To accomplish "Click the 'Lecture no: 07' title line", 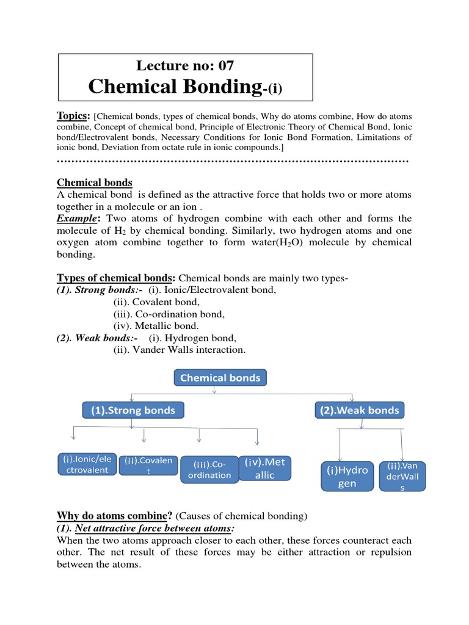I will point(185,65).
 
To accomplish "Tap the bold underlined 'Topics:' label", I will point(73,116).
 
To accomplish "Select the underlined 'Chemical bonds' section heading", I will point(94,182).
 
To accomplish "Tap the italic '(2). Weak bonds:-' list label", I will point(97,338).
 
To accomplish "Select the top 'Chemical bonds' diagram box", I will point(220,378).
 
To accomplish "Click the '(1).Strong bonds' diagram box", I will point(133,410).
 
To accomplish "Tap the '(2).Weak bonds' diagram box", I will point(360,410).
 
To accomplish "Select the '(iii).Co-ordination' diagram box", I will point(209,469).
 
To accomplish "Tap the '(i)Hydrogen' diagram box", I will point(347,477).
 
